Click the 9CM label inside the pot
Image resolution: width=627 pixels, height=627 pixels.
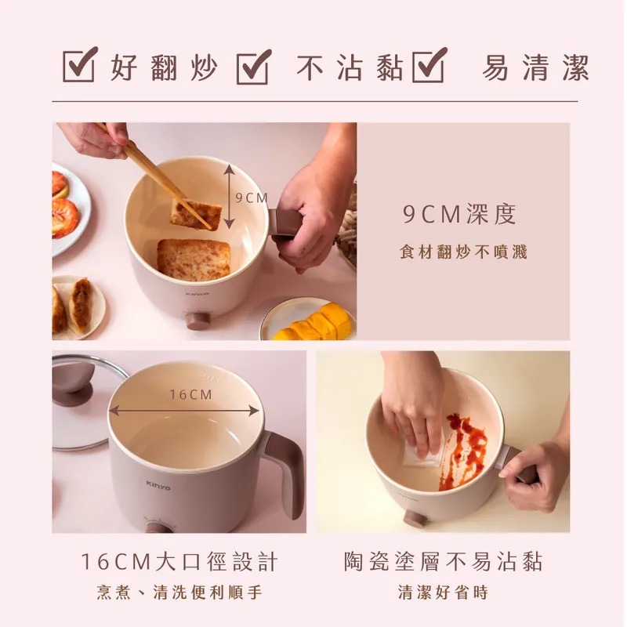pos(251,198)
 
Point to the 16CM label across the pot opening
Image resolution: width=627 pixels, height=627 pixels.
pos(190,395)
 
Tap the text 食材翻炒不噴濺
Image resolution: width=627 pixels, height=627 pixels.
pos(462,252)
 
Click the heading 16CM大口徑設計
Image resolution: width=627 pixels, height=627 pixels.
pos(179,561)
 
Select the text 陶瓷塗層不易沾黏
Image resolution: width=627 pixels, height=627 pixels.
pos(443,561)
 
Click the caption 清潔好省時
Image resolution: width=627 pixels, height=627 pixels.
pos(443,593)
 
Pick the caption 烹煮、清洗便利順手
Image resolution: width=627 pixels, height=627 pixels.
pos(179,593)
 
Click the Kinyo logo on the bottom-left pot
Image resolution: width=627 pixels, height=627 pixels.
pos(157,487)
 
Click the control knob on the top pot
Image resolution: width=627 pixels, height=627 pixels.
pos(198,321)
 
